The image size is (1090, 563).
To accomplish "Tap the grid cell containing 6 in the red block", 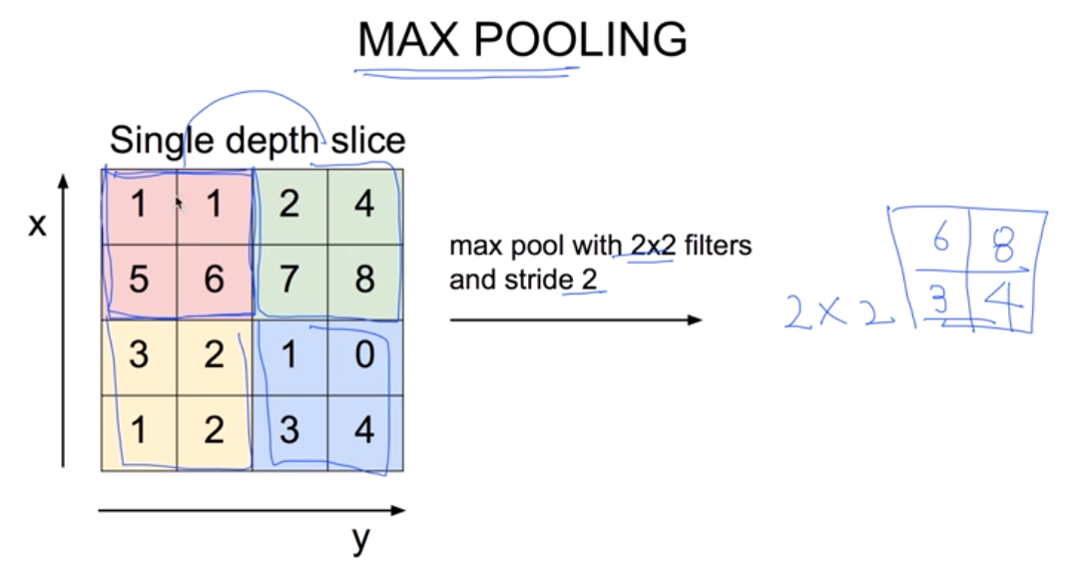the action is [x=214, y=281].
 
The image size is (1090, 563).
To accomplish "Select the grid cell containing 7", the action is [x=289, y=281].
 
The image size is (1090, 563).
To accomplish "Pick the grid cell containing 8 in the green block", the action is [x=364, y=281].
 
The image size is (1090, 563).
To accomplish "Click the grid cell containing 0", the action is [x=364, y=356].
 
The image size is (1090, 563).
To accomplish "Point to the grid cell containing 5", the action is [x=139, y=281].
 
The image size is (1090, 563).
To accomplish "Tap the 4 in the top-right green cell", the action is [x=364, y=206].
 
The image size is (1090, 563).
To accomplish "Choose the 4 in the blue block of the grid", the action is [x=364, y=432].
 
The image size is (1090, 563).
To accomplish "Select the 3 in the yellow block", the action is [x=139, y=356].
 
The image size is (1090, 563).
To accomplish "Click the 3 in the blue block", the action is [x=289, y=432].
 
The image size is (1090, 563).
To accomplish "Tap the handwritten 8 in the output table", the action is [x=1003, y=246].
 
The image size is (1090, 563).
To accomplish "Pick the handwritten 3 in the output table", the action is [x=939, y=303].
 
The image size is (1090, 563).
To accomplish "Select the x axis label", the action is [x=37, y=225].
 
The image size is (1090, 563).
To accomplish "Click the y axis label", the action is [x=360, y=539].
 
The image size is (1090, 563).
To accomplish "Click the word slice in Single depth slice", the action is [x=369, y=140].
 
